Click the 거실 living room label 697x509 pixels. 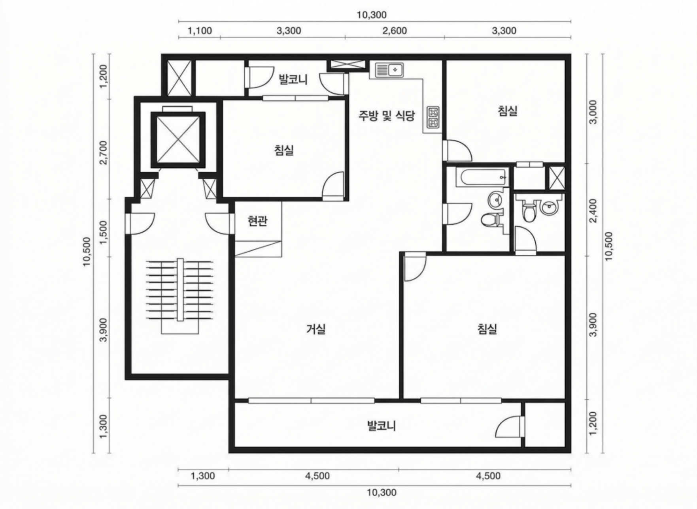point(316,329)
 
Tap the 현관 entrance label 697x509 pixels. point(257,221)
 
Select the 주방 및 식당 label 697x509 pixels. point(386,116)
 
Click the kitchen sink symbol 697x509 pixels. point(389,70)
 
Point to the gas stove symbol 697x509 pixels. point(433,117)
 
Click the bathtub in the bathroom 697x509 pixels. point(482,177)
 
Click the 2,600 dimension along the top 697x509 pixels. point(395,31)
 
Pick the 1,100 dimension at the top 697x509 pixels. point(200,31)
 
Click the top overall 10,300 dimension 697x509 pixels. point(372,15)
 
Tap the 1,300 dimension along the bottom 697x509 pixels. point(203,476)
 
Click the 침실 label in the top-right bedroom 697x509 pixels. point(507,111)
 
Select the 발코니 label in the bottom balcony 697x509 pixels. point(382,426)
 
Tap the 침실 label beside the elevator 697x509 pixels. point(284,150)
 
